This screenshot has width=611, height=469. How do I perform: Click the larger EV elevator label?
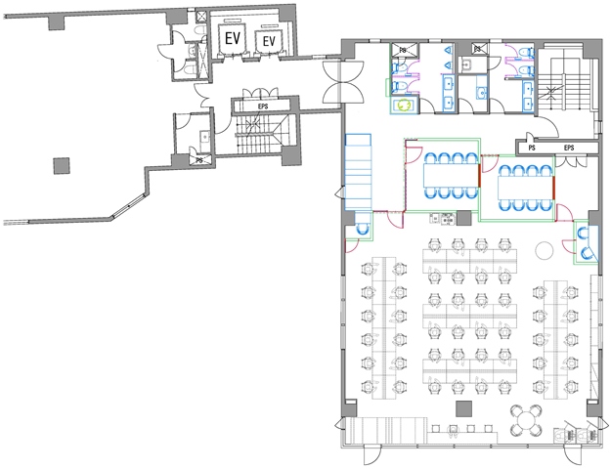coord(233,38)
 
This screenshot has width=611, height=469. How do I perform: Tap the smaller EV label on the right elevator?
coord(269,41)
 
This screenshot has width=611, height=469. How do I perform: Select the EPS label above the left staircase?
coord(263,106)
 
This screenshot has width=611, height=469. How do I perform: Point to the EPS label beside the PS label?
coord(569,148)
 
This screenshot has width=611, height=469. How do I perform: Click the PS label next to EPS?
coord(532,148)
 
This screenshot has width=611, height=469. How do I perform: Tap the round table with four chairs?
coord(526,421)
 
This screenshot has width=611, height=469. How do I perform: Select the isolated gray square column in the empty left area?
coord(62,166)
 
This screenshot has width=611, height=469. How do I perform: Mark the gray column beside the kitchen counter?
coord(463,218)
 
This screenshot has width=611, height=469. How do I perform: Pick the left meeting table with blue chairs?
coord(451,175)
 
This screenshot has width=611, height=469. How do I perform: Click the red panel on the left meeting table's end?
coord(480,175)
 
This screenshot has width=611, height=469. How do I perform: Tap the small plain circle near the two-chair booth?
coord(545,250)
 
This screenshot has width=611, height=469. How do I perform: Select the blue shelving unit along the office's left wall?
coord(358,172)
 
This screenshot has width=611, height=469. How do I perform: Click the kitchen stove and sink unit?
coord(443,219)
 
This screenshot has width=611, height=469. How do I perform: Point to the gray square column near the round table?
coord(463,408)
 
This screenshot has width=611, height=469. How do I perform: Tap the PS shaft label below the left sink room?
coord(199,160)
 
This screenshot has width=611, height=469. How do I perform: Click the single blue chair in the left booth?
coord(363,229)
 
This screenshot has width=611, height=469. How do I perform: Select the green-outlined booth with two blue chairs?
coord(586,242)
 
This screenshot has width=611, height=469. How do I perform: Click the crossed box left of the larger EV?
coord(202,17)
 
